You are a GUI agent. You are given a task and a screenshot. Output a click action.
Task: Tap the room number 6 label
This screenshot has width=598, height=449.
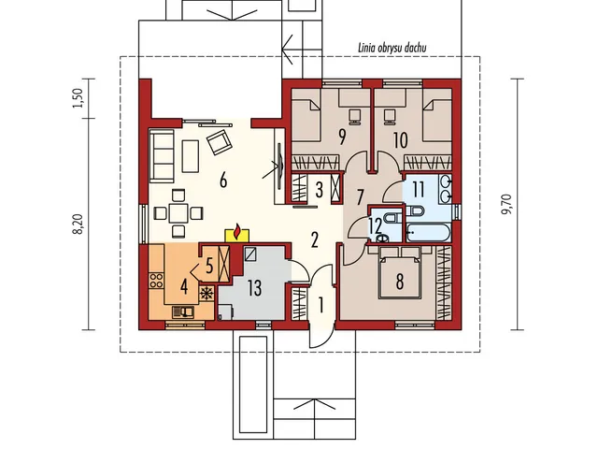coord(223,180)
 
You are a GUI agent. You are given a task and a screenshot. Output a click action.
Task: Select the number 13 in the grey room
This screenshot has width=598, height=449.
coord(254,287)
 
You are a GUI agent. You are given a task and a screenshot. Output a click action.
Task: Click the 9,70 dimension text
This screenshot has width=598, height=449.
coord(508,204)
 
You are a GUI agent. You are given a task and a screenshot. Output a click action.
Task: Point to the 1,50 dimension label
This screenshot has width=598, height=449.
coord(78,98)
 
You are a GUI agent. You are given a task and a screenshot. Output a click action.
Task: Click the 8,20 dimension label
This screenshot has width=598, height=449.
coord(78,224)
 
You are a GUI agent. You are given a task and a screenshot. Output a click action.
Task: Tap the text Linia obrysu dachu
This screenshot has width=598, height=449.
coord(392,48)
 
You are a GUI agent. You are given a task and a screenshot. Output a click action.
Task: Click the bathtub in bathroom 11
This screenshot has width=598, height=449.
coord(429,233)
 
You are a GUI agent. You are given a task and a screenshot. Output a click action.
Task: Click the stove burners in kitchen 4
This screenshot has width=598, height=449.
coord(156,281)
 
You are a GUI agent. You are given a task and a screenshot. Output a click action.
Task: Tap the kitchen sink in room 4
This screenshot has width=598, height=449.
coord(183,312)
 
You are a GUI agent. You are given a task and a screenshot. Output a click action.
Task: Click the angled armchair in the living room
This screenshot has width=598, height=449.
coord(220,142)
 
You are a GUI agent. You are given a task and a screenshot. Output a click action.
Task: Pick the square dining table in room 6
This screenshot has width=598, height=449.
coord(178,213)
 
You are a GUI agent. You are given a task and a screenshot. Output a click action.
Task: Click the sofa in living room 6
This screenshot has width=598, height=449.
coord(162,155)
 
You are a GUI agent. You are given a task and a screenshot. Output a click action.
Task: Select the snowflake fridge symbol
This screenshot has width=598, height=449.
coord(206,294)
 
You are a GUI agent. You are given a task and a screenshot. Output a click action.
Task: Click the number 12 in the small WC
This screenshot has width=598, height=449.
coord(376,225)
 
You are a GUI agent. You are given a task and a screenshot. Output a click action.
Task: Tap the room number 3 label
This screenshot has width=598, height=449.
coord(320,189)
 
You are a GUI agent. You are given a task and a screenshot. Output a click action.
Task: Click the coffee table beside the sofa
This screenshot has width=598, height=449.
coord(191,156)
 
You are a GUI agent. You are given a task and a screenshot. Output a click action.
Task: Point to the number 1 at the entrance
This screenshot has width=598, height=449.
coord(321,305)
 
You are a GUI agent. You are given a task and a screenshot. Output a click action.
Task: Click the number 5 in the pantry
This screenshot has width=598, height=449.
coord(209,266)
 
